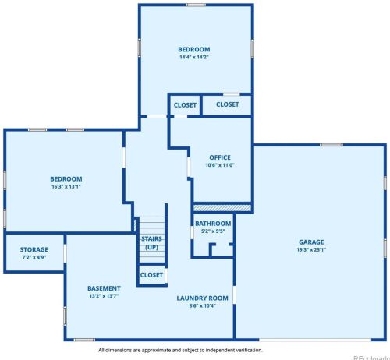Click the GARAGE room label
(311, 242)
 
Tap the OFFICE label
(220, 157)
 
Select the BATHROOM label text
(213, 224)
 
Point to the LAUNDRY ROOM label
(203, 298)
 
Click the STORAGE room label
(34, 249)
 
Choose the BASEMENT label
(104, 288)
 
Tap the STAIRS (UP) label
(151, 243)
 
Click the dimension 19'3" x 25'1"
(311, 250)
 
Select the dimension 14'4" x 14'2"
(194, 57)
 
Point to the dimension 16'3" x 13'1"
(66, 186)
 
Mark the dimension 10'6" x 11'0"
(220, 165)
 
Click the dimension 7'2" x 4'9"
(34, 257)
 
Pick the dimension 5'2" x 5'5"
(213, 231)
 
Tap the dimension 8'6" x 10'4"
(203, 305)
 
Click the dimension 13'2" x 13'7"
(104, 296)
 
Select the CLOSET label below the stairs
(151, 275)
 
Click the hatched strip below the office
(222, 208)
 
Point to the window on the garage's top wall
(331, 145)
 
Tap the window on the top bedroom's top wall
(196, 5)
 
